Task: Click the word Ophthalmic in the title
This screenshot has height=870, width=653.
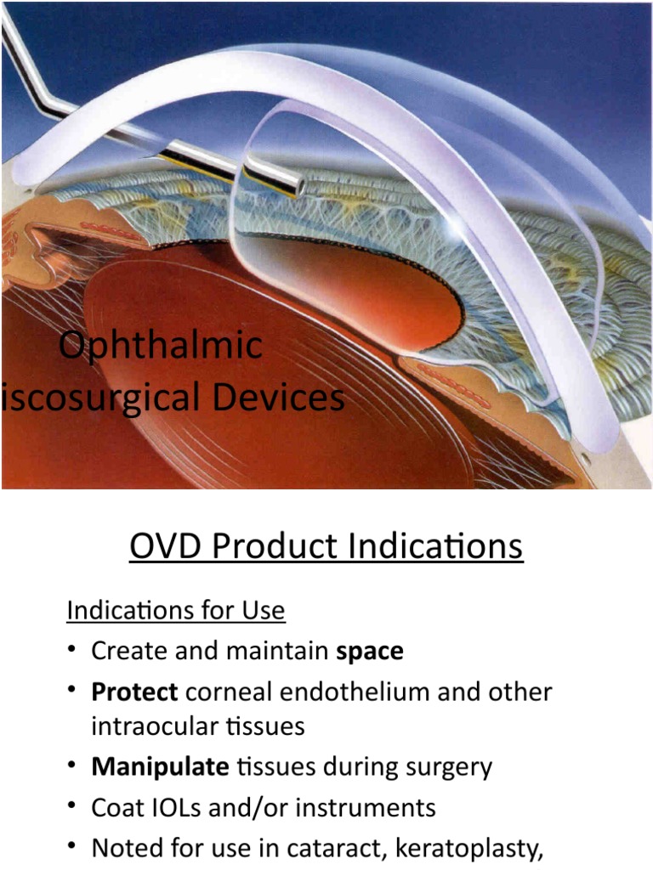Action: (x=161, y=346)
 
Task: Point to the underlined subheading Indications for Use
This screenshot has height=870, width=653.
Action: (x=175, y=611)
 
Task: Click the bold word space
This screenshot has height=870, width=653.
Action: (x=370, y=652)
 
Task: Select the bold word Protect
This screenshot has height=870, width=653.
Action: (x=134, y=692)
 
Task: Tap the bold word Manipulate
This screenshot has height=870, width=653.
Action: (x=160, y=767)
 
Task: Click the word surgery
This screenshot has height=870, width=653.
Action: (x=446, y=767)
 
